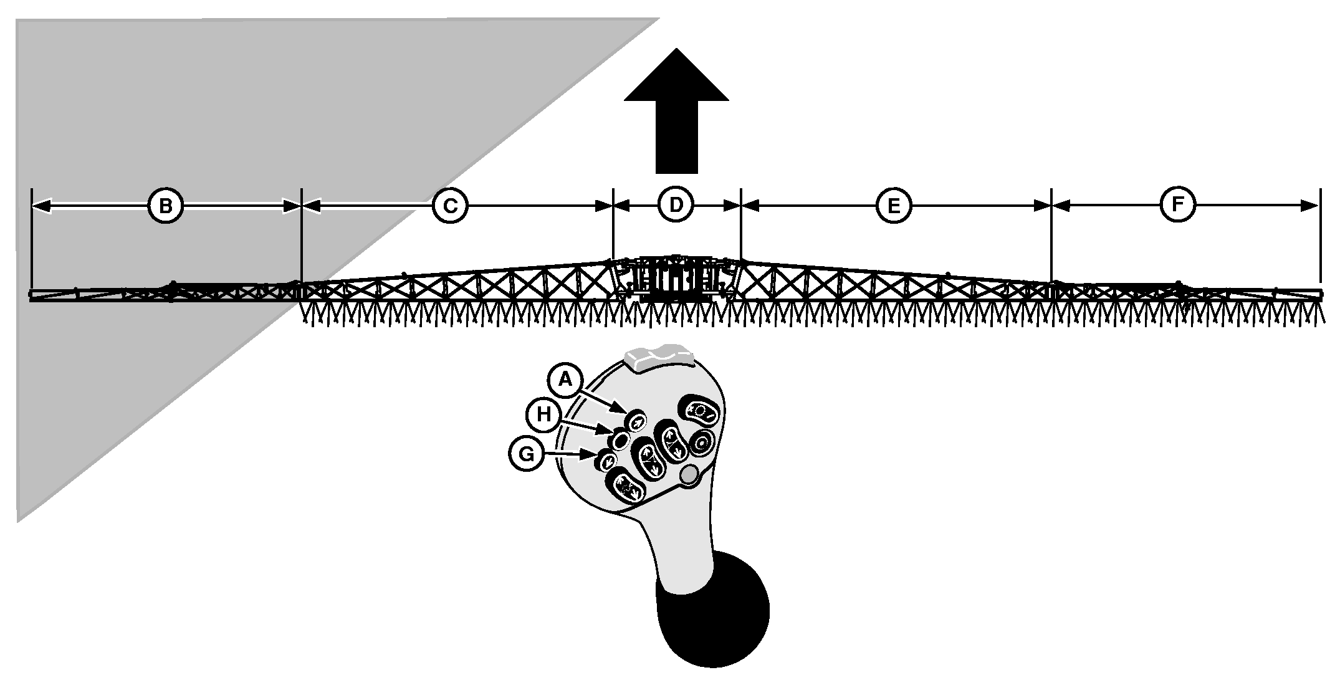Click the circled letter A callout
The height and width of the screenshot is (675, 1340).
coord(565,379)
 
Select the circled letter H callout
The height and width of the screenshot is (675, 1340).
coord(545,414)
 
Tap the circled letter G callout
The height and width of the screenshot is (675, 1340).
coord(527,454)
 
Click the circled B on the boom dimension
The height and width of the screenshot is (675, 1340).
coord(165,206)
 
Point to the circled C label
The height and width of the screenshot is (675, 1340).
coord(450,206)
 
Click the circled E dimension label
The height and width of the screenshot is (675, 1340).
coord(894,206)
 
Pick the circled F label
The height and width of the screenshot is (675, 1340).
coord(1178,204)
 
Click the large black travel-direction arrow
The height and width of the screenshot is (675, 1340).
coord(676,110)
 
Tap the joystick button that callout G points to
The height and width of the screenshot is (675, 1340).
coord(606,460)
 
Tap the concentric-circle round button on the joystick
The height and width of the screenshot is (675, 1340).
coord(701,443)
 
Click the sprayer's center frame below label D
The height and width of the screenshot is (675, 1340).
coord(677,279)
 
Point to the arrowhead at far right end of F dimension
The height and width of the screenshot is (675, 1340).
coord(1311,206)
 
